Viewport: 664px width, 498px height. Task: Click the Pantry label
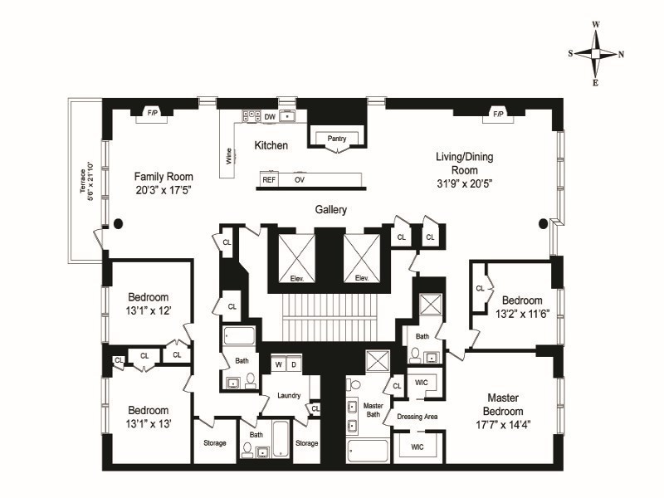tap(337, 139)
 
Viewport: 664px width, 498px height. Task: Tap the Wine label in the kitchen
tap(227, 156)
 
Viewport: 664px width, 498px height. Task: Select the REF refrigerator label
tap(269, 179)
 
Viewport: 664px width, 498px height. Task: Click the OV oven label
tap(299, 179)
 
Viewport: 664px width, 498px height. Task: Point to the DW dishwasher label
tap(270, 117)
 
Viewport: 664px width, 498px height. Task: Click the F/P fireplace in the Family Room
tap(153, 113)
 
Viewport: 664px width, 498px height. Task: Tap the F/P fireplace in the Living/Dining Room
tap(498, 113)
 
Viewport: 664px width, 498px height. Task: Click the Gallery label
tap(330, 209)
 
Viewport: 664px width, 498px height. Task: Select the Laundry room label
tap(289, 395)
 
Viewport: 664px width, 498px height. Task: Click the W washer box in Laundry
tap(279, 364)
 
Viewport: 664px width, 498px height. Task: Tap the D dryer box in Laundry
tap(293, 364)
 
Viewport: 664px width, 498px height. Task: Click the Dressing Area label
tap(417, 416)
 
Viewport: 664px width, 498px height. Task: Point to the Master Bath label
tap(373, 410)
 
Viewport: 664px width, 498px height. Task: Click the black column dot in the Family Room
tap(119, 222)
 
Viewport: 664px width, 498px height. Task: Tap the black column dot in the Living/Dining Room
tap(544, 222)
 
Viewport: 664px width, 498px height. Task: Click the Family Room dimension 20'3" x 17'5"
tap(164, 191)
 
